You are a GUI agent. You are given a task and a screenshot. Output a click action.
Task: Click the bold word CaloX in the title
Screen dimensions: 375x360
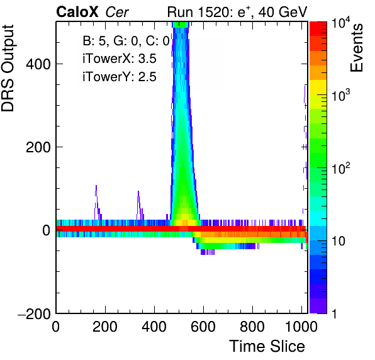(x=77, y=12)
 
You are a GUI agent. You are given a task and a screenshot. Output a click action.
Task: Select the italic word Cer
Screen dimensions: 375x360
(x=117, y=12)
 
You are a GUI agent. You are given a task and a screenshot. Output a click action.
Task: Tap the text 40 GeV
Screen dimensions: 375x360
(x=283, y=12)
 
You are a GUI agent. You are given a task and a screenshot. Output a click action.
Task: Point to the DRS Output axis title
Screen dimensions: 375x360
(x=8, y=68)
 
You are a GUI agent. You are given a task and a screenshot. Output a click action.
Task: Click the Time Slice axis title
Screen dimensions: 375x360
(x=267, y=346)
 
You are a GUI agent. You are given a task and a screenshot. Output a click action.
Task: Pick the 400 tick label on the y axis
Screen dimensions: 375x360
(x=38, y=64)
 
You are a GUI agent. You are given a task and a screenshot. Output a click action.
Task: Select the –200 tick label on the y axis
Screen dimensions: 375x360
(x=34, y=313)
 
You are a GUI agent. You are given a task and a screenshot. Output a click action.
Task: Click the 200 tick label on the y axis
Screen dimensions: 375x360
(x=38, y=147)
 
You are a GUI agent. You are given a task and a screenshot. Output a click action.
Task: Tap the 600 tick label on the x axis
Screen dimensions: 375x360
(x=203, y=327)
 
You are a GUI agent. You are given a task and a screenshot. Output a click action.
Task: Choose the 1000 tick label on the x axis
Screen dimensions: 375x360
(x=301, y=327)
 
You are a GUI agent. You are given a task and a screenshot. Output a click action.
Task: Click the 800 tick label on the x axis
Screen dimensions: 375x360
(x=252, y=327)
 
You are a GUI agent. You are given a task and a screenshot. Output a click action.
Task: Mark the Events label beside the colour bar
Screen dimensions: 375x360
(x=357, y=48)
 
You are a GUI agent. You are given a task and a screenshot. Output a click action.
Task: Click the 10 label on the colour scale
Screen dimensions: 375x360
(x=339, y=241)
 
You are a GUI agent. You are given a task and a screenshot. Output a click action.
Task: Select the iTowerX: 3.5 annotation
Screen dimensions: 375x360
(x=120, y=59)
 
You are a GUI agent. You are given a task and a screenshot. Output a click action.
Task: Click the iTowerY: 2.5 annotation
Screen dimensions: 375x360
(x=120, y=77)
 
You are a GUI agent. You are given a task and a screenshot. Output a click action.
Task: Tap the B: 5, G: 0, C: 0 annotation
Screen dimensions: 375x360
(x=126, y=41)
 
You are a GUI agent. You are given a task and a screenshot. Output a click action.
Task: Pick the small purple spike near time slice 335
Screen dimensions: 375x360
(x=139, y=205)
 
